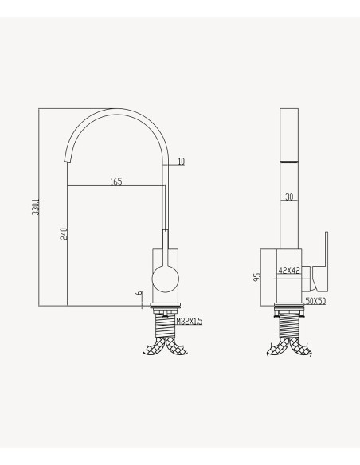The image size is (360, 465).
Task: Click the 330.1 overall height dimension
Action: click(36, 207)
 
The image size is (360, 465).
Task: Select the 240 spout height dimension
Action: click(64, 233)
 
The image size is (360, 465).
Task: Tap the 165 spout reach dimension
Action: click(116, 182)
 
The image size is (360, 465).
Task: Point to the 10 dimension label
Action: click(181, 162)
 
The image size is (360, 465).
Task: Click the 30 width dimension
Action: click(289, 197)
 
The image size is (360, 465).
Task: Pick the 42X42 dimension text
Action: click(289, 270)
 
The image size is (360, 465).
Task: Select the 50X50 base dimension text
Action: click(315, 301)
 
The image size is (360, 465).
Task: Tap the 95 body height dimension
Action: click(257, 276)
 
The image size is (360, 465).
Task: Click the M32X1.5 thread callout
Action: click(190, 321)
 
